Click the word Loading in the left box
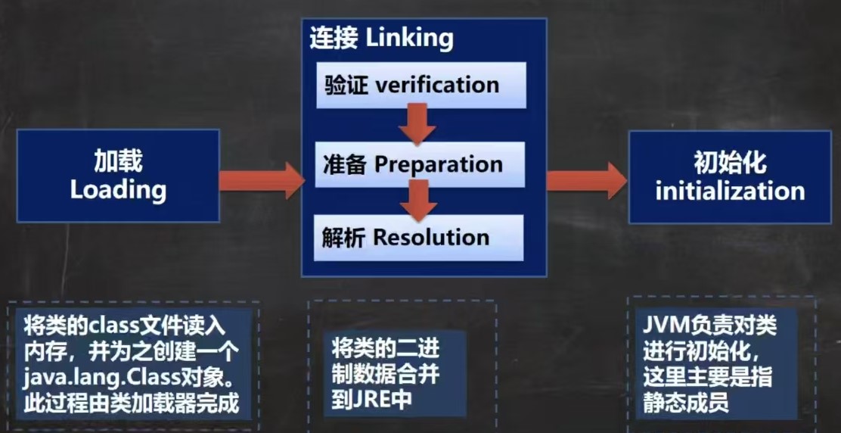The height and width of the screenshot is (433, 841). (x=118, y=189)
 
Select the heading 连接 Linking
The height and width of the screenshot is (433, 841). (x=381, y=38)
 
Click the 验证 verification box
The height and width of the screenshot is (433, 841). (x=420, y=84)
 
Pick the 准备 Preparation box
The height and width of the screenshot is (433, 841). (x=420, y=164)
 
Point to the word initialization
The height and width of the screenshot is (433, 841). (x=730, y=190)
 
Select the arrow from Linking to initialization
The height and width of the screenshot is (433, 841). (x=586, y=180)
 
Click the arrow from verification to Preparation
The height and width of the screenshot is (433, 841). (x=417, y=123)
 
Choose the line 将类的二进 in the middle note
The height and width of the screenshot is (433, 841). (x=385, y=349)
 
